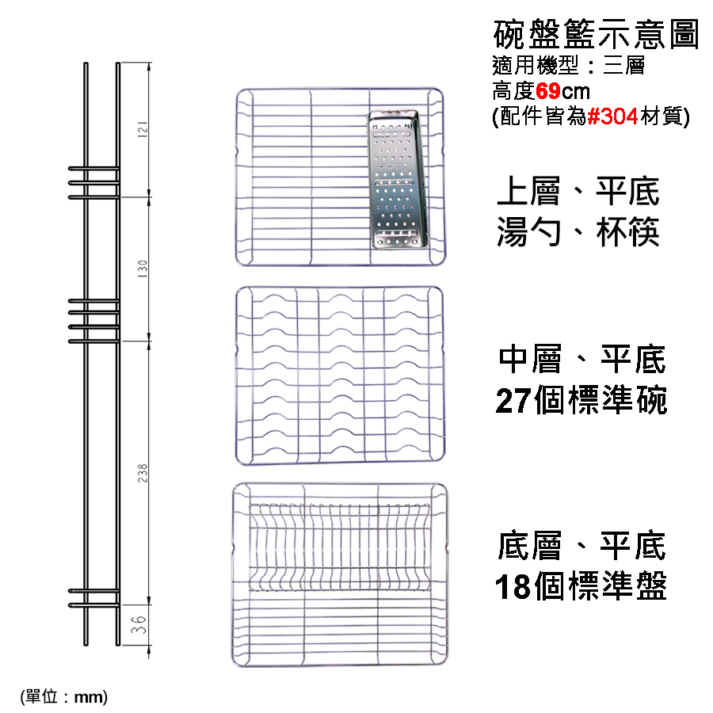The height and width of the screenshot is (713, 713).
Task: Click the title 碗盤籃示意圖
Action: click(x=596, y=33)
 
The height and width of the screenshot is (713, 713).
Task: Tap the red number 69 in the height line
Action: click(x=548, y=91)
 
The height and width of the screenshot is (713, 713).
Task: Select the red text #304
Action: click(x=612, y=116)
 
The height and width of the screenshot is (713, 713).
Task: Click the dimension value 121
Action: click(x=143, y=129)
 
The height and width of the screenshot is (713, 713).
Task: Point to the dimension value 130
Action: click(x=143, y=269)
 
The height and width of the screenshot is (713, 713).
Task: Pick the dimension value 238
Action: click(x=143, y=473)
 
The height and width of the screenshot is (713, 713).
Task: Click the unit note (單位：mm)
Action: click(x=64, y=696)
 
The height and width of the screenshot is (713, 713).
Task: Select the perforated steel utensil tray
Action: click(x=398, y=179)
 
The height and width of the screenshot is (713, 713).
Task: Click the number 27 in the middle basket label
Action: click(x=513, y=401)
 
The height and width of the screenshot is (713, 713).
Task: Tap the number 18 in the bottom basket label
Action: click(x=513, y=586)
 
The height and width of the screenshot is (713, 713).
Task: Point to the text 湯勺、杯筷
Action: click(x=578, y=232)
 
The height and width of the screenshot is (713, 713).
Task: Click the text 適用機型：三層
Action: click(x=568, y=66)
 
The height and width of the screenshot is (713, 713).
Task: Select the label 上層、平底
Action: click(x=578, y=192)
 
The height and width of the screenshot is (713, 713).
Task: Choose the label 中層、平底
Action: click(x=582, y=359)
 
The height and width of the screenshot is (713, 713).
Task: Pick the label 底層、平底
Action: click(x=582, y=545)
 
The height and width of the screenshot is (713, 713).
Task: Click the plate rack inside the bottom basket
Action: click(x=340, y=547)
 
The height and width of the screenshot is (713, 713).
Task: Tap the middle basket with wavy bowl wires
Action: click(x=340, y=376)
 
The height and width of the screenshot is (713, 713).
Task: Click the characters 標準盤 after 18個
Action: click(x=617, y=586)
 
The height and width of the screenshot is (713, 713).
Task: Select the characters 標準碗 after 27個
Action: click(x=617, y=401)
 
